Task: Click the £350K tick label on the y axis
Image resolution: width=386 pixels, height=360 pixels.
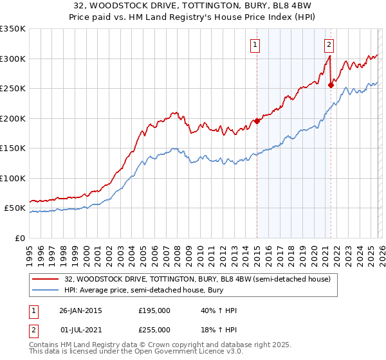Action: (13, 29)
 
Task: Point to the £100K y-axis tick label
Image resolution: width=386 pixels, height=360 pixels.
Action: (13, 178)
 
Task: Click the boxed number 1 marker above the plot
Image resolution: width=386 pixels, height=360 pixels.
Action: (255, 45)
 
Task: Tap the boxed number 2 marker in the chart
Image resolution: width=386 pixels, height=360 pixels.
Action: (329, 45)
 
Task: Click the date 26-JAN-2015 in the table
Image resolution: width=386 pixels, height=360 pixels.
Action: (80, 310)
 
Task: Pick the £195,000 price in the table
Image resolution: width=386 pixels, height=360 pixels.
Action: (154, 310)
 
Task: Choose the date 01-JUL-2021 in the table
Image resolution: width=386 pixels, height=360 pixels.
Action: (80, 329)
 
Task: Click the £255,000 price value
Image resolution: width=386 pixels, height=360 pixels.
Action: (154, 329)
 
